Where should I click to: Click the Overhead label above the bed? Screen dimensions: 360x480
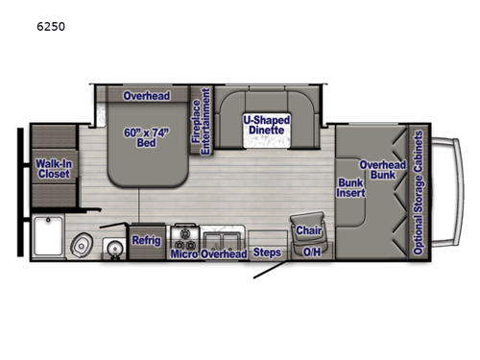[146, 96]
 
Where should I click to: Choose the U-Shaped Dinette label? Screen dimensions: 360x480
[262, 126]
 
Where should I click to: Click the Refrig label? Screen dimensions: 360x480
[147, 240]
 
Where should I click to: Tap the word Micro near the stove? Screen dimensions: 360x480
[183, 254]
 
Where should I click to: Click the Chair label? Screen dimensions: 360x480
[309, 230]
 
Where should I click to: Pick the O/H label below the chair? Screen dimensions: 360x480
[312, 254]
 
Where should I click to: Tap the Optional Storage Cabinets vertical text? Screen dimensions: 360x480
[419, 191]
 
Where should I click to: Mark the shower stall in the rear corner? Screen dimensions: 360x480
[48, 239]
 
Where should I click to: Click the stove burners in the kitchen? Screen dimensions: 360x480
[184, 234]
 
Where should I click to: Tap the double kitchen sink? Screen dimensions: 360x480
[222, 237]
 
